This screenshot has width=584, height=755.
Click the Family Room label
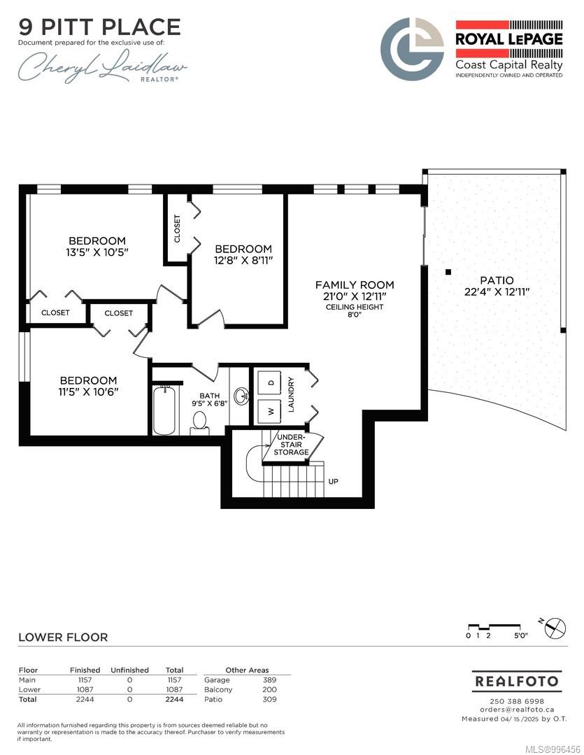[355, 285]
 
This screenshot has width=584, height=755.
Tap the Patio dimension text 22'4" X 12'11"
[497, 292]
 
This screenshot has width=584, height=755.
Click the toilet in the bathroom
[199, 423]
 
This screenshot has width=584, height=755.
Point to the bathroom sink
[241, 396]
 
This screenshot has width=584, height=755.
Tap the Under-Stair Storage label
[291, 444]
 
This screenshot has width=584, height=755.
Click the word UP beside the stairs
[334, 481]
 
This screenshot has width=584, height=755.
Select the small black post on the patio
[448, 272]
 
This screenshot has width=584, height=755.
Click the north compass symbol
[556, 628]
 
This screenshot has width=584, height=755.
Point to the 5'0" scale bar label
[521, 635]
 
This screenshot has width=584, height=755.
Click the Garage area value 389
[269, 680]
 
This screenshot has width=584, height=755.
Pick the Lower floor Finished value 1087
[85, 689]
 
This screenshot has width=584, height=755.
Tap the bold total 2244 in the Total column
[174, 699]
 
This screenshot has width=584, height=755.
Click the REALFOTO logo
[517, 682]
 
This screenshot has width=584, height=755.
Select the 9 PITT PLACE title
[100, 27]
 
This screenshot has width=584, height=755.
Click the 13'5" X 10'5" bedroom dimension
[97, 252]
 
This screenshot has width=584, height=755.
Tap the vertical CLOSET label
[177, 229]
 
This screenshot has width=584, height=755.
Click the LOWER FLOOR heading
[63, 637]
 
